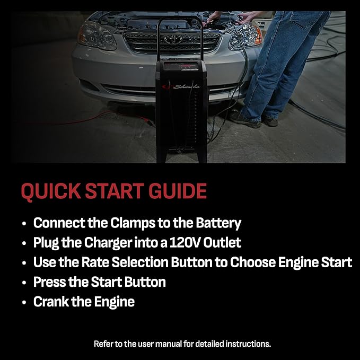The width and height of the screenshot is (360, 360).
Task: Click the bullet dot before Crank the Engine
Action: point(24,302)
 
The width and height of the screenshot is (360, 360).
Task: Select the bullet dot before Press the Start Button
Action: point(24,283)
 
